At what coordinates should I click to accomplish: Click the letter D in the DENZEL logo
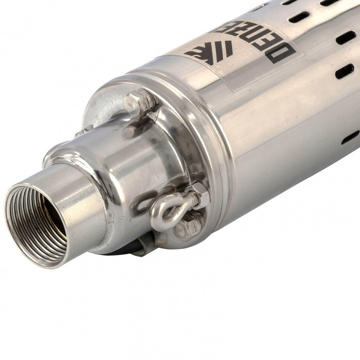tap(282, 53)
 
